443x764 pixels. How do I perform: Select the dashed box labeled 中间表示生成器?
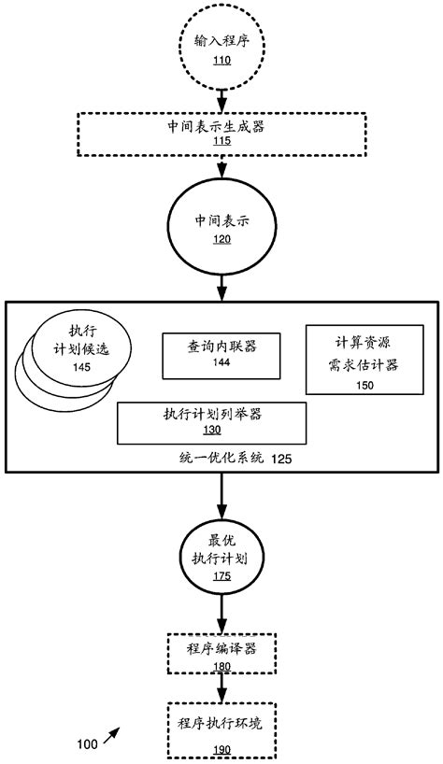(221, 133)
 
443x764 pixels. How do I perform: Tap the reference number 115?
(221, 141)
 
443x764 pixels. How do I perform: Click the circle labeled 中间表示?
(221, 228)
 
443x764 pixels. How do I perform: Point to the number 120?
(221, 238)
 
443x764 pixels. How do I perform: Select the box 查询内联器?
(221, 355)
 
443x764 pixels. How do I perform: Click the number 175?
(221, 576)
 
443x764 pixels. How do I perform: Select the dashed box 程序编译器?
(221, 653)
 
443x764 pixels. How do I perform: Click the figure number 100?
(86, 744)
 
